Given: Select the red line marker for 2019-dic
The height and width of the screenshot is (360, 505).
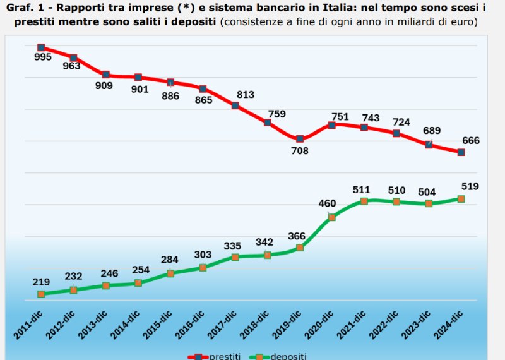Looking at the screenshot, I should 300,138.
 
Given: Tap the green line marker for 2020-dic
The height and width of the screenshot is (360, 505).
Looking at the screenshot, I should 332,217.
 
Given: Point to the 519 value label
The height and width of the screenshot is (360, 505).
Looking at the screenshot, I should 470,186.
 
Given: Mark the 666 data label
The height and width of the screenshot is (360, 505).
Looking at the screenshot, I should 471,140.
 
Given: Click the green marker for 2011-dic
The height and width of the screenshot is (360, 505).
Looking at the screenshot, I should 41,294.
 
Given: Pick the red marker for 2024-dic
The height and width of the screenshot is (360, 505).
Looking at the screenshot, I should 461,152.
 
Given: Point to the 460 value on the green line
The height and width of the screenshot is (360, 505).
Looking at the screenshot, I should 327,203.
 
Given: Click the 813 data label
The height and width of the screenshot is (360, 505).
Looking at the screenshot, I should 245,95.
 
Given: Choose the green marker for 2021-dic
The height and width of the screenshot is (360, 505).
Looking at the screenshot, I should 364,201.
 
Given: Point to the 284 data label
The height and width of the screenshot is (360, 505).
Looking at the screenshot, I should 169,260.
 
